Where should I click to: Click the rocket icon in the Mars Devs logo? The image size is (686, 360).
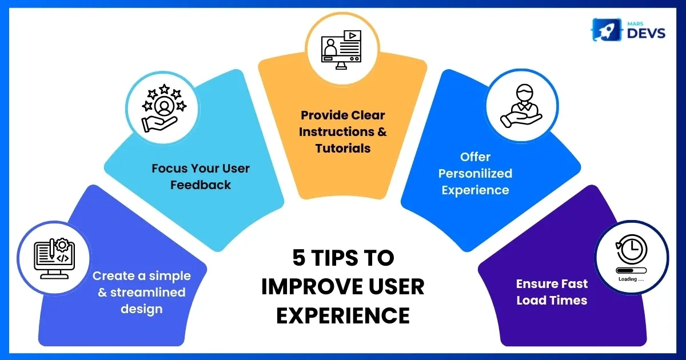pos(606,30)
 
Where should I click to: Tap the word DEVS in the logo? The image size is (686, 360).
pos(646,33)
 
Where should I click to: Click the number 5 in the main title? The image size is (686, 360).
pos(299,258)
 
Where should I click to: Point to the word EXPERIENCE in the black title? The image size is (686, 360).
pos(342,315)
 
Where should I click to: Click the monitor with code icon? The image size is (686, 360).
pos(54,258)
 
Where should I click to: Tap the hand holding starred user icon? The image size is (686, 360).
pos(163,108)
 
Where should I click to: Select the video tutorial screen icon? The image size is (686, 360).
pos(341,50)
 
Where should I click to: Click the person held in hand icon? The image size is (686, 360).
pos(521,106)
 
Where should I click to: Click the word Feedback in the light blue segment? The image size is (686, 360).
pos(201,185)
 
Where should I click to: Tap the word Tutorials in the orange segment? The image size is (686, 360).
pos(342,149)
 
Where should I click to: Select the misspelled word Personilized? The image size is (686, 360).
pos(475,174)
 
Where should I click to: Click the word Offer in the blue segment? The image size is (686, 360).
pos(475,157)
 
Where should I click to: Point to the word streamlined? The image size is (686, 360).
pos(147,293)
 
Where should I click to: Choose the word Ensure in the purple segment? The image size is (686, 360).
pos(533,284)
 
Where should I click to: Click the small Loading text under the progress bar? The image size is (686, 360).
pos(631,279)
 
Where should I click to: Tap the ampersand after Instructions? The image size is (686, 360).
pos(382,132)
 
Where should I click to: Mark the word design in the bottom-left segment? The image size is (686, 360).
pos(142,309)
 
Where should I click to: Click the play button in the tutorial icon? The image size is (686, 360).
pos(353,35)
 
